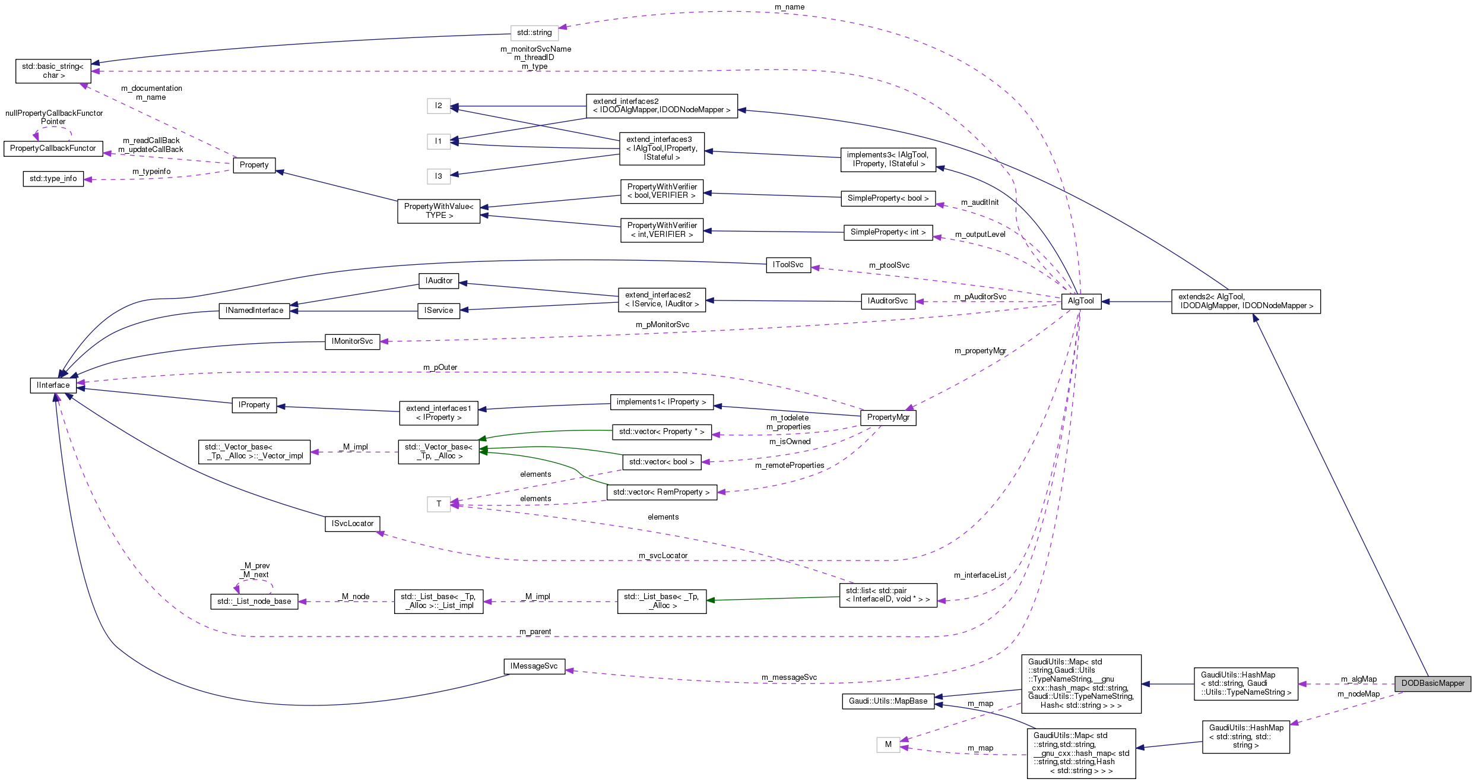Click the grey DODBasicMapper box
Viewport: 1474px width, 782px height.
coord(1432,683)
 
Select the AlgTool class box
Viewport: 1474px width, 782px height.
coord(1080,301)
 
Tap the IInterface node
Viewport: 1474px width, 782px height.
coord(53,385)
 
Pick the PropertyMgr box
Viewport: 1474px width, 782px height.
coord(888,417)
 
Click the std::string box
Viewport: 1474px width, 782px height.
coord(534,33)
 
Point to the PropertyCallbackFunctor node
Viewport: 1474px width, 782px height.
coord(53,148)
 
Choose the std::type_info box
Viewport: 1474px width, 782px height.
coord(53,179)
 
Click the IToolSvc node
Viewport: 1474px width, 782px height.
coord(788,265)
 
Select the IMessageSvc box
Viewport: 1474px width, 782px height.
coord(534,666)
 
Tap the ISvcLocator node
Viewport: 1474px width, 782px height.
coord(353,524)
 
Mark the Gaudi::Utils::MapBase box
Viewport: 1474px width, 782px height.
coord(887,701)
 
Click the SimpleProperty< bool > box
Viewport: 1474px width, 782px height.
coord(887,198)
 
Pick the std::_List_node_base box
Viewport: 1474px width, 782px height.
coord(254,601)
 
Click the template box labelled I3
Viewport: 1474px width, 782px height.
coord(438,176)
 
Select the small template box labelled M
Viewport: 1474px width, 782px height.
coord(888,745)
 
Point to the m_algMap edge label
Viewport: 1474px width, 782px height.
coord(1358,679)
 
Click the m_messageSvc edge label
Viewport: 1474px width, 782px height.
coord(789,677)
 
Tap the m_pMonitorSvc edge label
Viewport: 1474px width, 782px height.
coord(662,325)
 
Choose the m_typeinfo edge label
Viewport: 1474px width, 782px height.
coord(151,172)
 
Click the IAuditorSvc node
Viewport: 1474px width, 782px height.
coord(887,301)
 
